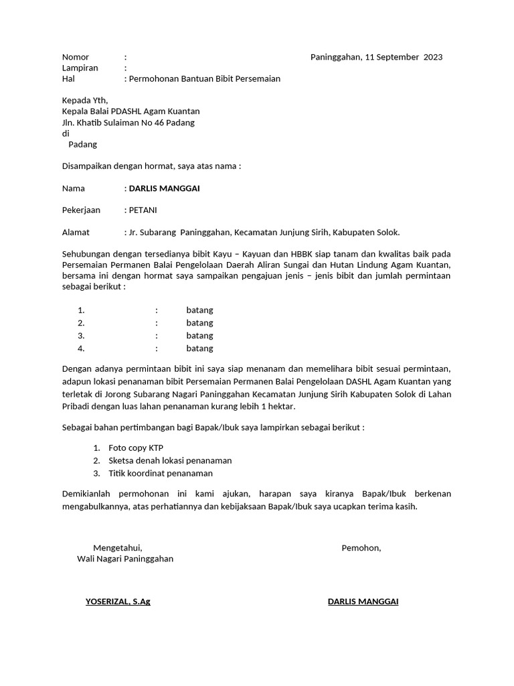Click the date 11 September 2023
click(x=404, y=57)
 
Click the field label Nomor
click(x=76, y=57)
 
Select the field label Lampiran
click(x=80, y=68)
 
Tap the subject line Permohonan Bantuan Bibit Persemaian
click(x=204, y=78)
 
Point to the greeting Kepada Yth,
click(x=84, y=100)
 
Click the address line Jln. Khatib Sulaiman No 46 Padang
click(x=128, y=123)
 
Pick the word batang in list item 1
click(x=199, y=310)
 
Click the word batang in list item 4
click(x=199, y=348)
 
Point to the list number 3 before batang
click(x=81, y=336)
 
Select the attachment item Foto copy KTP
click(x=136, y=448)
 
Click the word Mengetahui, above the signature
click(x=118, y=548)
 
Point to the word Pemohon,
click(x=361, y=548)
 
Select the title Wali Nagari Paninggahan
click(x=125, y=559)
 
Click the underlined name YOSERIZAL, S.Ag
click(x=118, y=602)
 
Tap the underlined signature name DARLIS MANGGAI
click(x=363, y=602)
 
